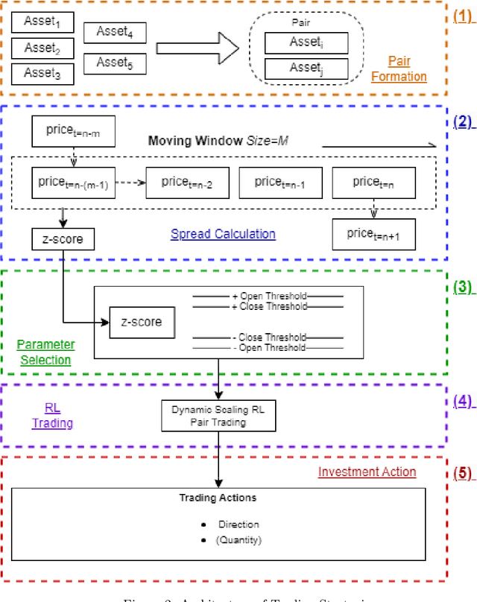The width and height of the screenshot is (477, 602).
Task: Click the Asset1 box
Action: point(43,22)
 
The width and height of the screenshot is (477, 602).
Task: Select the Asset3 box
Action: point(43,73)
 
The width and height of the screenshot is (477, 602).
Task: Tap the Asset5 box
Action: point(115,63)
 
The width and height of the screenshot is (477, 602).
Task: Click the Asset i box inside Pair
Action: point(306,43)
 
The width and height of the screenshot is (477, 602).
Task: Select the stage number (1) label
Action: point(464,15)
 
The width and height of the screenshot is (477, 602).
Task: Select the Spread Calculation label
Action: point(223,234)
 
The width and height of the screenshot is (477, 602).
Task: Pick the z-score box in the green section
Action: point(142,323)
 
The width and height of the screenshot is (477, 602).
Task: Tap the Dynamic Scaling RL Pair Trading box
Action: point(218,414)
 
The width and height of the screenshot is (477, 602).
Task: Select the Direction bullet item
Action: point(238,525)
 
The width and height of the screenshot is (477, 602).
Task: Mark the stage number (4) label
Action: point(464,401)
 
